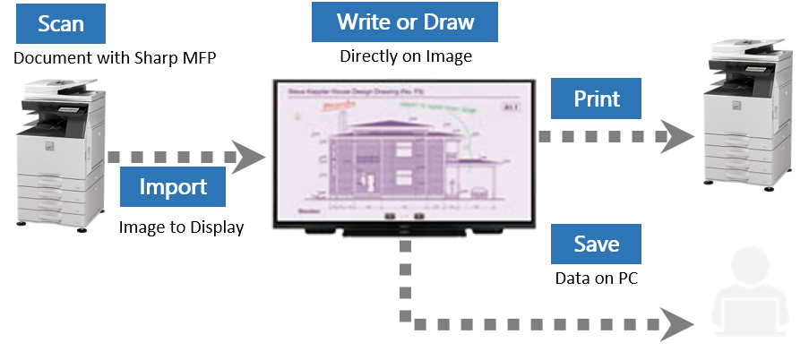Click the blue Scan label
(x=61, y=23)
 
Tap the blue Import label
(x=173, y=186)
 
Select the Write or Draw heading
(x=405, y=21)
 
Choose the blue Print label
(x=596, y=98)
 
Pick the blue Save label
(x=596, y=243)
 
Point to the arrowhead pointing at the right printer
(x=683, y=136)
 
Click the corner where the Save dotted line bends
(x=405, y=320)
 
